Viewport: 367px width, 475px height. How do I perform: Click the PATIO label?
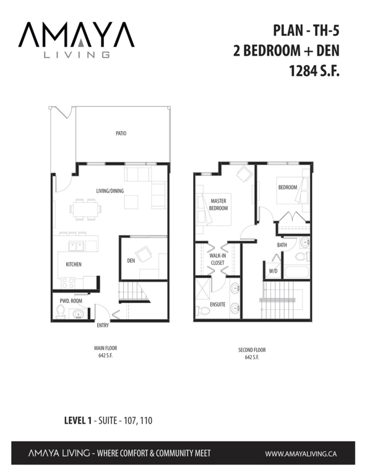(x=121, y=134)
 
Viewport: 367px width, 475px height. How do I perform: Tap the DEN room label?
(x=131, y=260)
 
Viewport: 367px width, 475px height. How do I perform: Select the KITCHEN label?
(x=74, y=264)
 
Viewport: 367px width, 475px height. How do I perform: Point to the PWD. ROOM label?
(x=71, y=301)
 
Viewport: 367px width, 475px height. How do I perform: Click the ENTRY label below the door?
(x=103, y=325)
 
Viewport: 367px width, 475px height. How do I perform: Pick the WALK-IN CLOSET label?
(x=218, y=259)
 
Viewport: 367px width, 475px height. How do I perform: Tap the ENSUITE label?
(x=218, y=304)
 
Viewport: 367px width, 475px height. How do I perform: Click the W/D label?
(x=273, y=271)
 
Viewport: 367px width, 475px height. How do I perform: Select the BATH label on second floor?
(x=282, y=245)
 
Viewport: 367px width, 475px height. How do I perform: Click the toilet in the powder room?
(x=61, y=312)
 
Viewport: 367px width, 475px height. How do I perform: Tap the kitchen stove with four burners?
(x=67, y=283)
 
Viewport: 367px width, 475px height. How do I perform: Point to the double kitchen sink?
(x=76, y=246)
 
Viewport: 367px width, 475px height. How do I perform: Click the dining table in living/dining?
(x=85, y=209)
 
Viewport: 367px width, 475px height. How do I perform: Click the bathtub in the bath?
(x=297, y=272)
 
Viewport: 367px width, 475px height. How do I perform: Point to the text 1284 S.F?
(x=314, y=72)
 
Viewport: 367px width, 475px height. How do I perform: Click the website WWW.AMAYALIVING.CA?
(x=301, y=454)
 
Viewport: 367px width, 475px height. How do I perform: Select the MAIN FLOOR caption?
(x=105, y=348)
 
